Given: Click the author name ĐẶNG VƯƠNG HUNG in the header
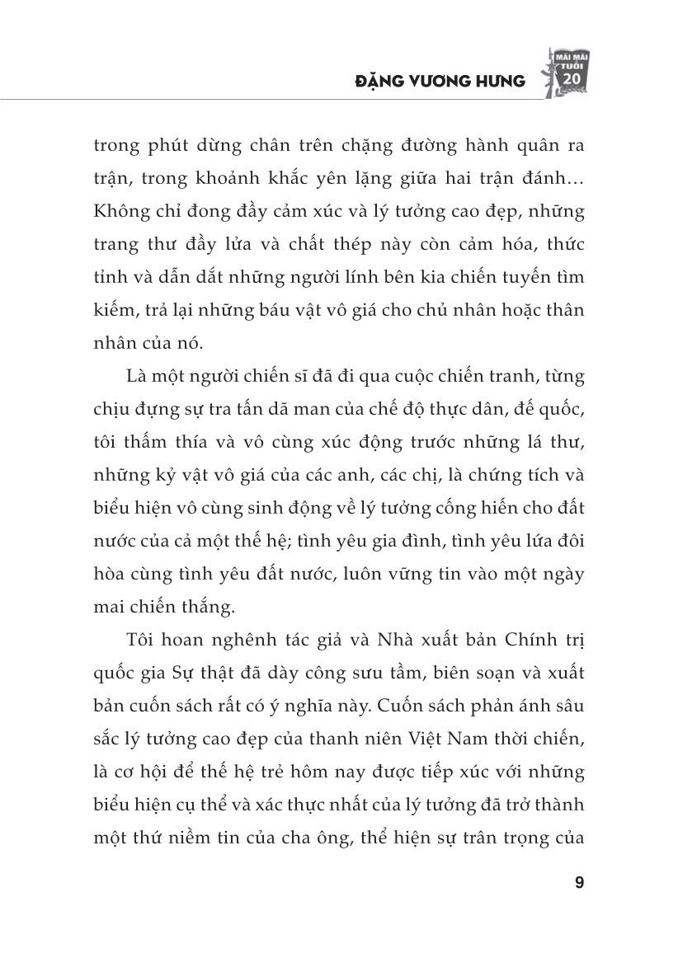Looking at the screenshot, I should click(440, 81).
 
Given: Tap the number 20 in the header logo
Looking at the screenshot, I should click(569, 77).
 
